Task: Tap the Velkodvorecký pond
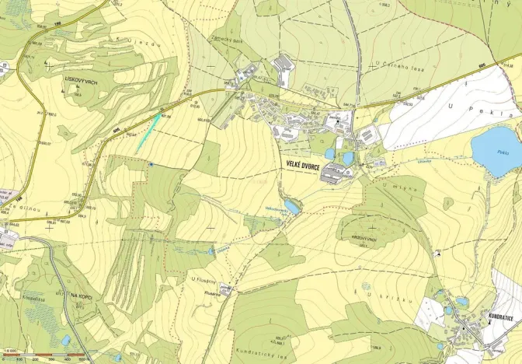291,206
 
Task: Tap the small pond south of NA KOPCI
65,340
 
